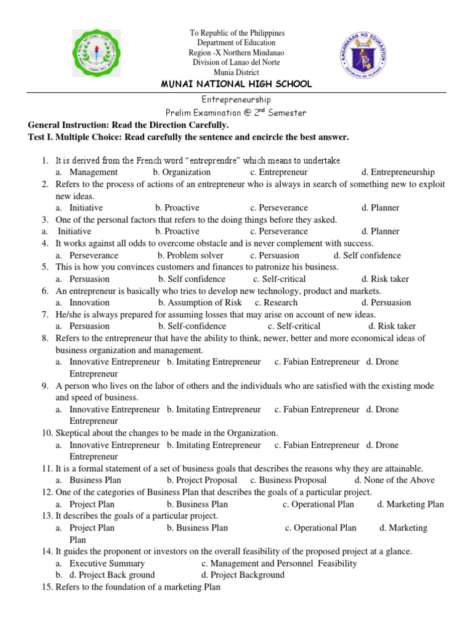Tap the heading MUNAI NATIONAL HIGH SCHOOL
point(236,84)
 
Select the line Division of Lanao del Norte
point(236,62)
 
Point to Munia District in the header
point(236,72)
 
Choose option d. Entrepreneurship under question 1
point(398,172)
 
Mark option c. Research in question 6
point(276,303)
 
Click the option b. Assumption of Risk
point(200,303)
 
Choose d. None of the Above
point(394,480)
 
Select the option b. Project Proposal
point(201,480)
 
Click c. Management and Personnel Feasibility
point(278,564)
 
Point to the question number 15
point(47,588)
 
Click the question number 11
point(47,469)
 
